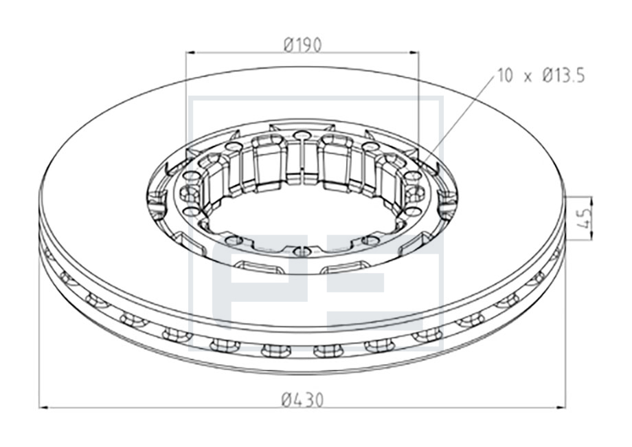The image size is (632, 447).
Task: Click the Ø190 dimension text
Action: pos(303,45)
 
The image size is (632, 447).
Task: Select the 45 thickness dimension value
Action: pos(586,218)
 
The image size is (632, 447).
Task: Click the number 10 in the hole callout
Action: pos(505,76)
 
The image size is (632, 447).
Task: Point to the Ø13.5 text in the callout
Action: pos(563,76)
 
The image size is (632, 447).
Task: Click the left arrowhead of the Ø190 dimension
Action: pos(191,52)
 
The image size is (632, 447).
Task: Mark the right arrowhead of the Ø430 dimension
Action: pos(560,408)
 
